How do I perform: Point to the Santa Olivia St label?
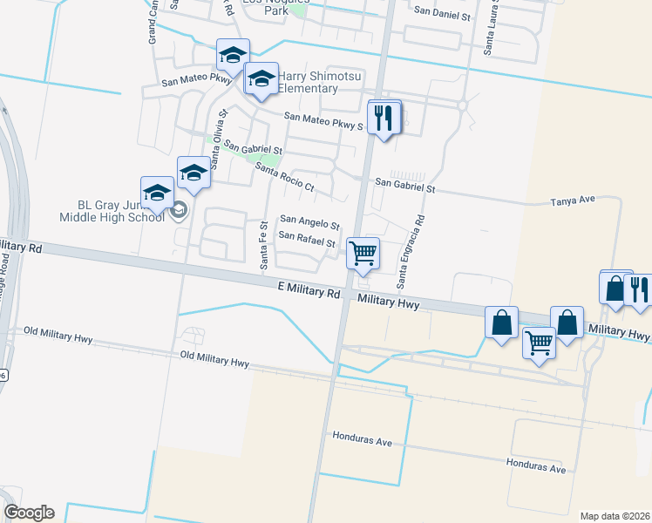(217, 130)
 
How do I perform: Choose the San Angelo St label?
(309, 224)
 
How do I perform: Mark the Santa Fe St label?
(263, 244)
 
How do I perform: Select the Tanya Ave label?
(572, 200)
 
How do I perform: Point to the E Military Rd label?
(309, 291)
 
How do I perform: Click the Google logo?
(29, 513)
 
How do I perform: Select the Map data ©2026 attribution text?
(614, 516)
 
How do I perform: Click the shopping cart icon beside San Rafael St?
(363, 253)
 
